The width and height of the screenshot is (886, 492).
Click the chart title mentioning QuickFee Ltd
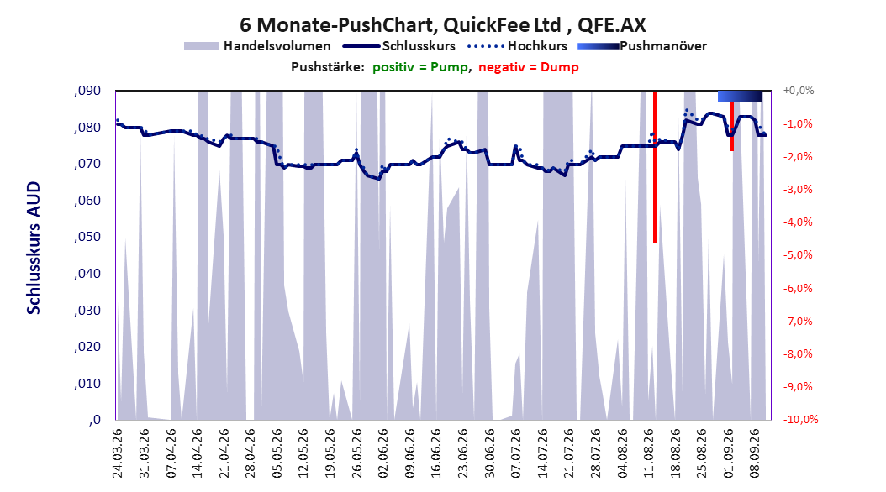tap(442, 25)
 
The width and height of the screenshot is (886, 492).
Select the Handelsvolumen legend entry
tap(257, 46)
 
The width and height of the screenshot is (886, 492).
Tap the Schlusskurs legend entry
tap(399, 46)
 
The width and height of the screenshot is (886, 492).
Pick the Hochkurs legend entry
tap(517, 46)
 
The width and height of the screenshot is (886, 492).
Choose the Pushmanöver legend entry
tap(642, 46)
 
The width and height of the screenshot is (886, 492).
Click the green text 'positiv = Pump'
tap(419, 67)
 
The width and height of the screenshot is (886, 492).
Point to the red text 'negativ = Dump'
tap(529, 67)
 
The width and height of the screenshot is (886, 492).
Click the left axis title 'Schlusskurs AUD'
tap(34, 248)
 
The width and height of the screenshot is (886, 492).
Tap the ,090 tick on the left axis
tap(87, 91)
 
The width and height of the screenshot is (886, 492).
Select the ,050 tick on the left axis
tap(87, 237)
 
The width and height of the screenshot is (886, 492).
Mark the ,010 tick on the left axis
tap(87, 384)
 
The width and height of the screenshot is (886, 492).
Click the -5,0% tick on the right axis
tap(798, 255)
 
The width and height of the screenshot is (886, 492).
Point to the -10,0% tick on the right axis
tap(800, 419)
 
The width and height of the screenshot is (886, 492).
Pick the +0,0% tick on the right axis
tap(799, 91)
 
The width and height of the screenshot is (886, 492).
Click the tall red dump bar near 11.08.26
tap(656, 166)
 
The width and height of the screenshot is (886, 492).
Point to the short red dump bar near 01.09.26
tap(731, 126)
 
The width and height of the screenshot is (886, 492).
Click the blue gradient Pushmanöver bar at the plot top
tap(740, 96)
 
